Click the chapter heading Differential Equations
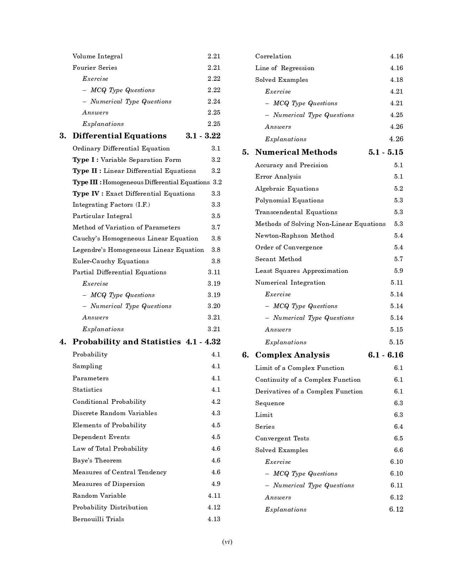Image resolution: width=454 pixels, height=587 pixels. coord(119,136)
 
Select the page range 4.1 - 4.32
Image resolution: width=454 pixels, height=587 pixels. coord(203,342)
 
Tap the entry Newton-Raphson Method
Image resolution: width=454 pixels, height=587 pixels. coord(294,236)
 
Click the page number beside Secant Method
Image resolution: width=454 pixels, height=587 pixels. coord(398,259)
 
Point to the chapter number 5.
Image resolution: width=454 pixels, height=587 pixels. coord(245,152)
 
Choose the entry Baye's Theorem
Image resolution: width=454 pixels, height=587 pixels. coord(97,460)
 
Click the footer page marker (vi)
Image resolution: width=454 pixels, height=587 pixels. coord(227,542)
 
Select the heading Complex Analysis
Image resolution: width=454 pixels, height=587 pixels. coord(292,355)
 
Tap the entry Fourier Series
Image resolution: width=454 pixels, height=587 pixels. coord(95,68)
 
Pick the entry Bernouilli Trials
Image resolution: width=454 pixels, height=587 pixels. coord(98,519)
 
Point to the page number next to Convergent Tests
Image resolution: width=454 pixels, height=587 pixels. coord(398,438)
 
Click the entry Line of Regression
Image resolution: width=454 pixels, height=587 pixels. coord(285,68)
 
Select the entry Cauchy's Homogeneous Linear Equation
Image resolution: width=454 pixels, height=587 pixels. coord(135,238)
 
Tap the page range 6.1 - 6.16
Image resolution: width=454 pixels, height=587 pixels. coord(386,355)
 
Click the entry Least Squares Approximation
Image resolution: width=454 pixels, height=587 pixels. coord(302,271)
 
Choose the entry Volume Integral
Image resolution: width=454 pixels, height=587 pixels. coord(98,56)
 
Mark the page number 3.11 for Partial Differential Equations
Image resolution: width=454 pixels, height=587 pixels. coord(214,272)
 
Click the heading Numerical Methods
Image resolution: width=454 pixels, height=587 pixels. coord(296,152)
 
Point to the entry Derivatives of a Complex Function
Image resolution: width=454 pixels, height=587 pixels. coord(309,391)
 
